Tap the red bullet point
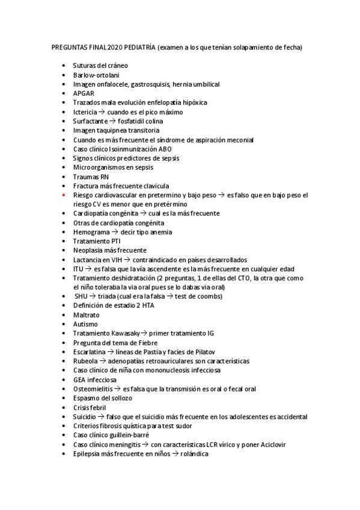coord(64,195)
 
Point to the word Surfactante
coord(90,121)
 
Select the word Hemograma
coord(91,232)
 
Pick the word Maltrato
coord(87,315)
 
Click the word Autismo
coord(85,324)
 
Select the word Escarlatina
coord(90,352)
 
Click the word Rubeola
coord(85,361)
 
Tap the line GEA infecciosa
coord(95,380)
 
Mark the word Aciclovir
coord(271,444)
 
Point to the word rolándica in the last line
coord(194,454)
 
